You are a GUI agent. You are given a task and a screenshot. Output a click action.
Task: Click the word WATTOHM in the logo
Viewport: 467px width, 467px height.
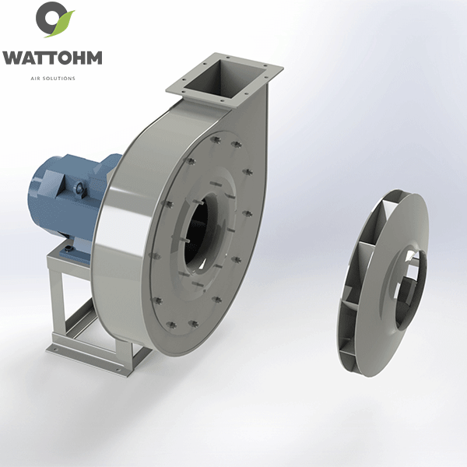click(x=52, y=58)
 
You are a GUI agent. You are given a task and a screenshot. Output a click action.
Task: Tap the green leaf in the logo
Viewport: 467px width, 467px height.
click(x=62, y=24)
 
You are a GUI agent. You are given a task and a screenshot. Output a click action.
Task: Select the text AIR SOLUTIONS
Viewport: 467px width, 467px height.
click(x=53, y=79)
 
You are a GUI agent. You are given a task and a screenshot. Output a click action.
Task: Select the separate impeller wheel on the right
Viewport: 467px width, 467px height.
click(x=383, y=283)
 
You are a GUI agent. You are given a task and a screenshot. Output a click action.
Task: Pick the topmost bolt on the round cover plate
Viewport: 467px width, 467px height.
click(x=216, y=139)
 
